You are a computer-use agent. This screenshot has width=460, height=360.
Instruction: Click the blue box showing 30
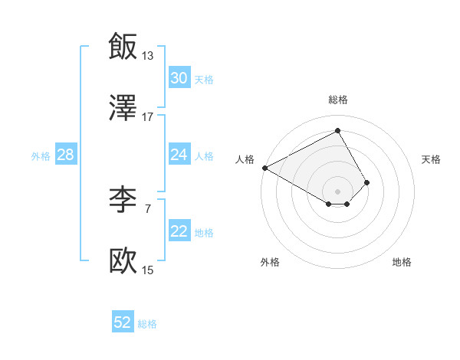(x=179, y=78)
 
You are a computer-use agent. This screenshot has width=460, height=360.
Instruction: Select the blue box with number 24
(x=179, y=155)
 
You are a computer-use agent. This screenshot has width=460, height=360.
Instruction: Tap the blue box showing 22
(x=179, y=231)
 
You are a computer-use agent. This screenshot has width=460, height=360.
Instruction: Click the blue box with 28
(x=65, y=155)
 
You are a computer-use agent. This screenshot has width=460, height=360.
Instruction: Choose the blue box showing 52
(x=123, y=322)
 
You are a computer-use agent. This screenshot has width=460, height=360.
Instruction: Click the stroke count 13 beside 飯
(x=147, y=55)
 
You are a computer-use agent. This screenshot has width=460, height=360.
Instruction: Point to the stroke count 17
(x=147, y=116)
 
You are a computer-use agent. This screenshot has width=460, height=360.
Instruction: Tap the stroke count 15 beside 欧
(x=147, y=270)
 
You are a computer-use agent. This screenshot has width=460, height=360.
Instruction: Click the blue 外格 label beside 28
(x=41, y=155)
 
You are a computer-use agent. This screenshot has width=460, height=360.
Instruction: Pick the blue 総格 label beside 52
(x=147, y=324)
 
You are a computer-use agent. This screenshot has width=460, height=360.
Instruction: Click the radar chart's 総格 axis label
(x=338, y=100)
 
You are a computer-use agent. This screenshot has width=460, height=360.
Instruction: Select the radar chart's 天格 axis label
(x=431, y=159)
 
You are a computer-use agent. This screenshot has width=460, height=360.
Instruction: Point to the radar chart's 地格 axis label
(x=402, y=262)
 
